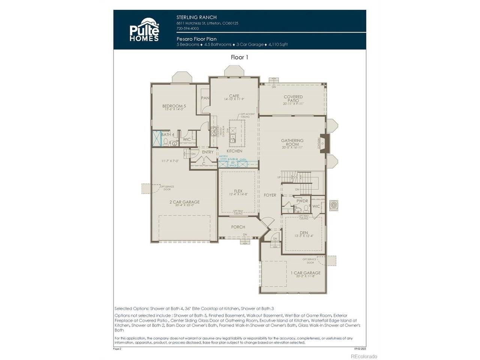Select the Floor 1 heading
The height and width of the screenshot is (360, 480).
coord(239,57)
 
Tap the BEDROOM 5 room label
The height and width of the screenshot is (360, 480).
coord(174,106)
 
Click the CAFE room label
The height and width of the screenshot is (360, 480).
coord(234,97)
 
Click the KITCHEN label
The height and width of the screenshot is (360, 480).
coord(234,151)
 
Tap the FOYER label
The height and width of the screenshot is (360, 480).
coord(270,195)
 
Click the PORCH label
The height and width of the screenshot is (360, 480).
coord(238,227)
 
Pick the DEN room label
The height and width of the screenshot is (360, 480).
coord(304,233)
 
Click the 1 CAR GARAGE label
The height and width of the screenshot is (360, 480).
coord(306,273)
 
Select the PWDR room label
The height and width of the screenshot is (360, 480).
coord(302,201)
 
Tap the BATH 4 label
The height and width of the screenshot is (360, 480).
coord(168,135)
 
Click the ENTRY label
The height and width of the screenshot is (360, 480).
coord(207,152)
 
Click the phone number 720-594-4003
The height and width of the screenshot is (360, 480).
coord(187,28)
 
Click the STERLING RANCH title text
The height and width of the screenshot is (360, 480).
coord(196,17)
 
